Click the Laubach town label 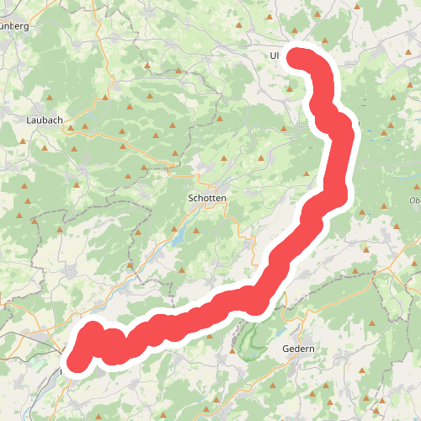(x=45, y=120)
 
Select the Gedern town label (x=298, y=349)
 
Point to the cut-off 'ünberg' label (x=14, y=26)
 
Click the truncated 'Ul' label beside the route (x=274, y=56)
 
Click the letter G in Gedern (x=285, y=349)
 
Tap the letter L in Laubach (x=29, y=120)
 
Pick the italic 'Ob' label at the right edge (x=414, y=200)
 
